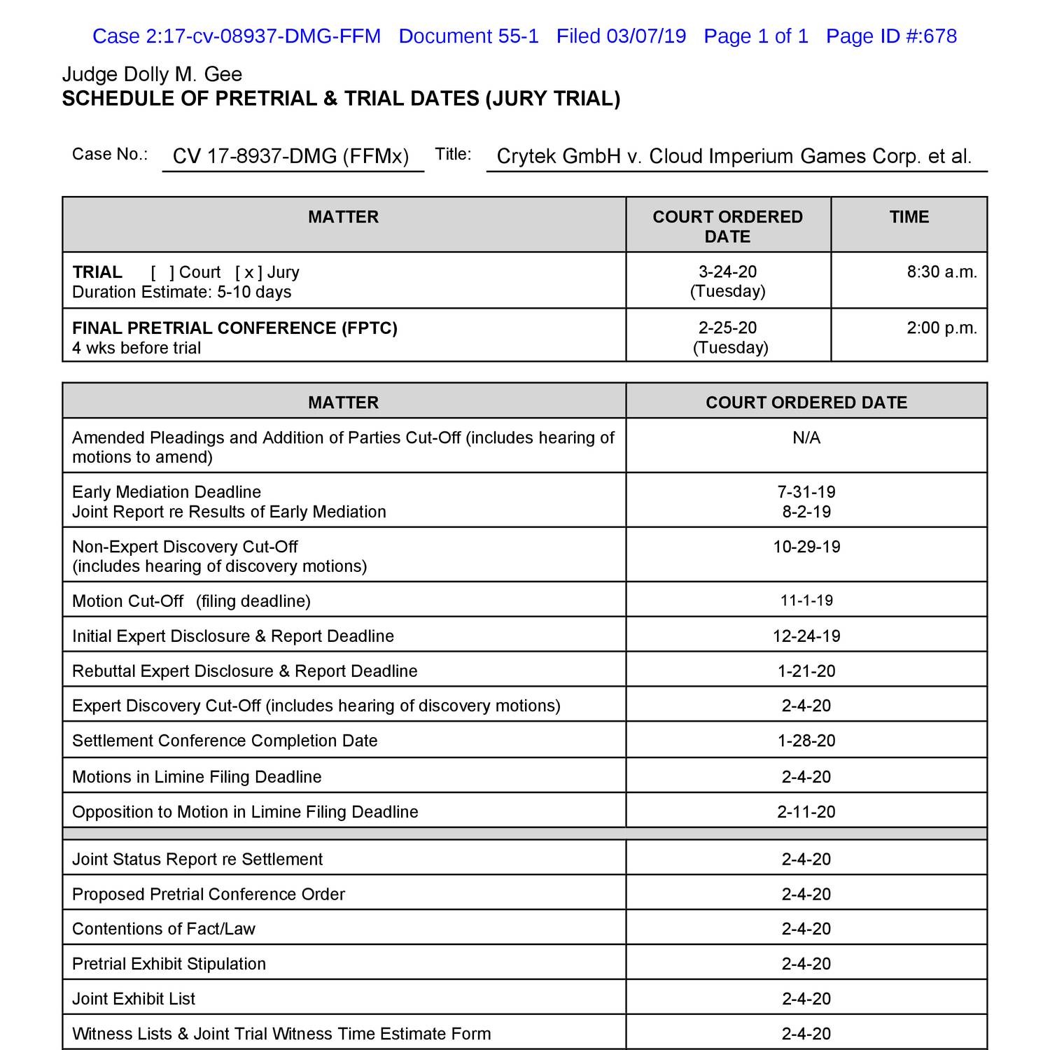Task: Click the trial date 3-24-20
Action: click(x=727, y=272)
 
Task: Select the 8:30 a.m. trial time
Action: click(x=941, y=272)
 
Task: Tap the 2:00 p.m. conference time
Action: click(x=941, y=328)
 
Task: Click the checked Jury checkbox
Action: click(x=248, y=272)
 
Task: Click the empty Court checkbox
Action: click(x=162, y=272)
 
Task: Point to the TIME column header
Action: click(x=909, y=217)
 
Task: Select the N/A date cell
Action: click(x=806, y=437)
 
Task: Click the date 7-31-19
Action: click(x=806, y=492)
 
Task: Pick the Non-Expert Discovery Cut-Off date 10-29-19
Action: click(x=806, y=547)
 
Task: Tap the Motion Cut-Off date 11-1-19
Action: click(x=806, y=601)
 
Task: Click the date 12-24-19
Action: click(x=806, y=636)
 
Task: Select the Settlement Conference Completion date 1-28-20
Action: click(x=806, y=741)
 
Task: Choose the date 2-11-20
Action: click(x=806, y=812)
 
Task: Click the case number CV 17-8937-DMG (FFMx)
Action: click(x=290, y=155)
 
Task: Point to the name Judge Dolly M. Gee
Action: click(x=152, y=74)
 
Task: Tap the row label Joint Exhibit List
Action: click(x=134, y=999)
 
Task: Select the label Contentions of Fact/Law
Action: click(x=164, y=929)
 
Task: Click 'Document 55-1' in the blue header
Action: click(x=468, y=36)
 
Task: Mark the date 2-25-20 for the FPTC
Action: click(x=727, y=328)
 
